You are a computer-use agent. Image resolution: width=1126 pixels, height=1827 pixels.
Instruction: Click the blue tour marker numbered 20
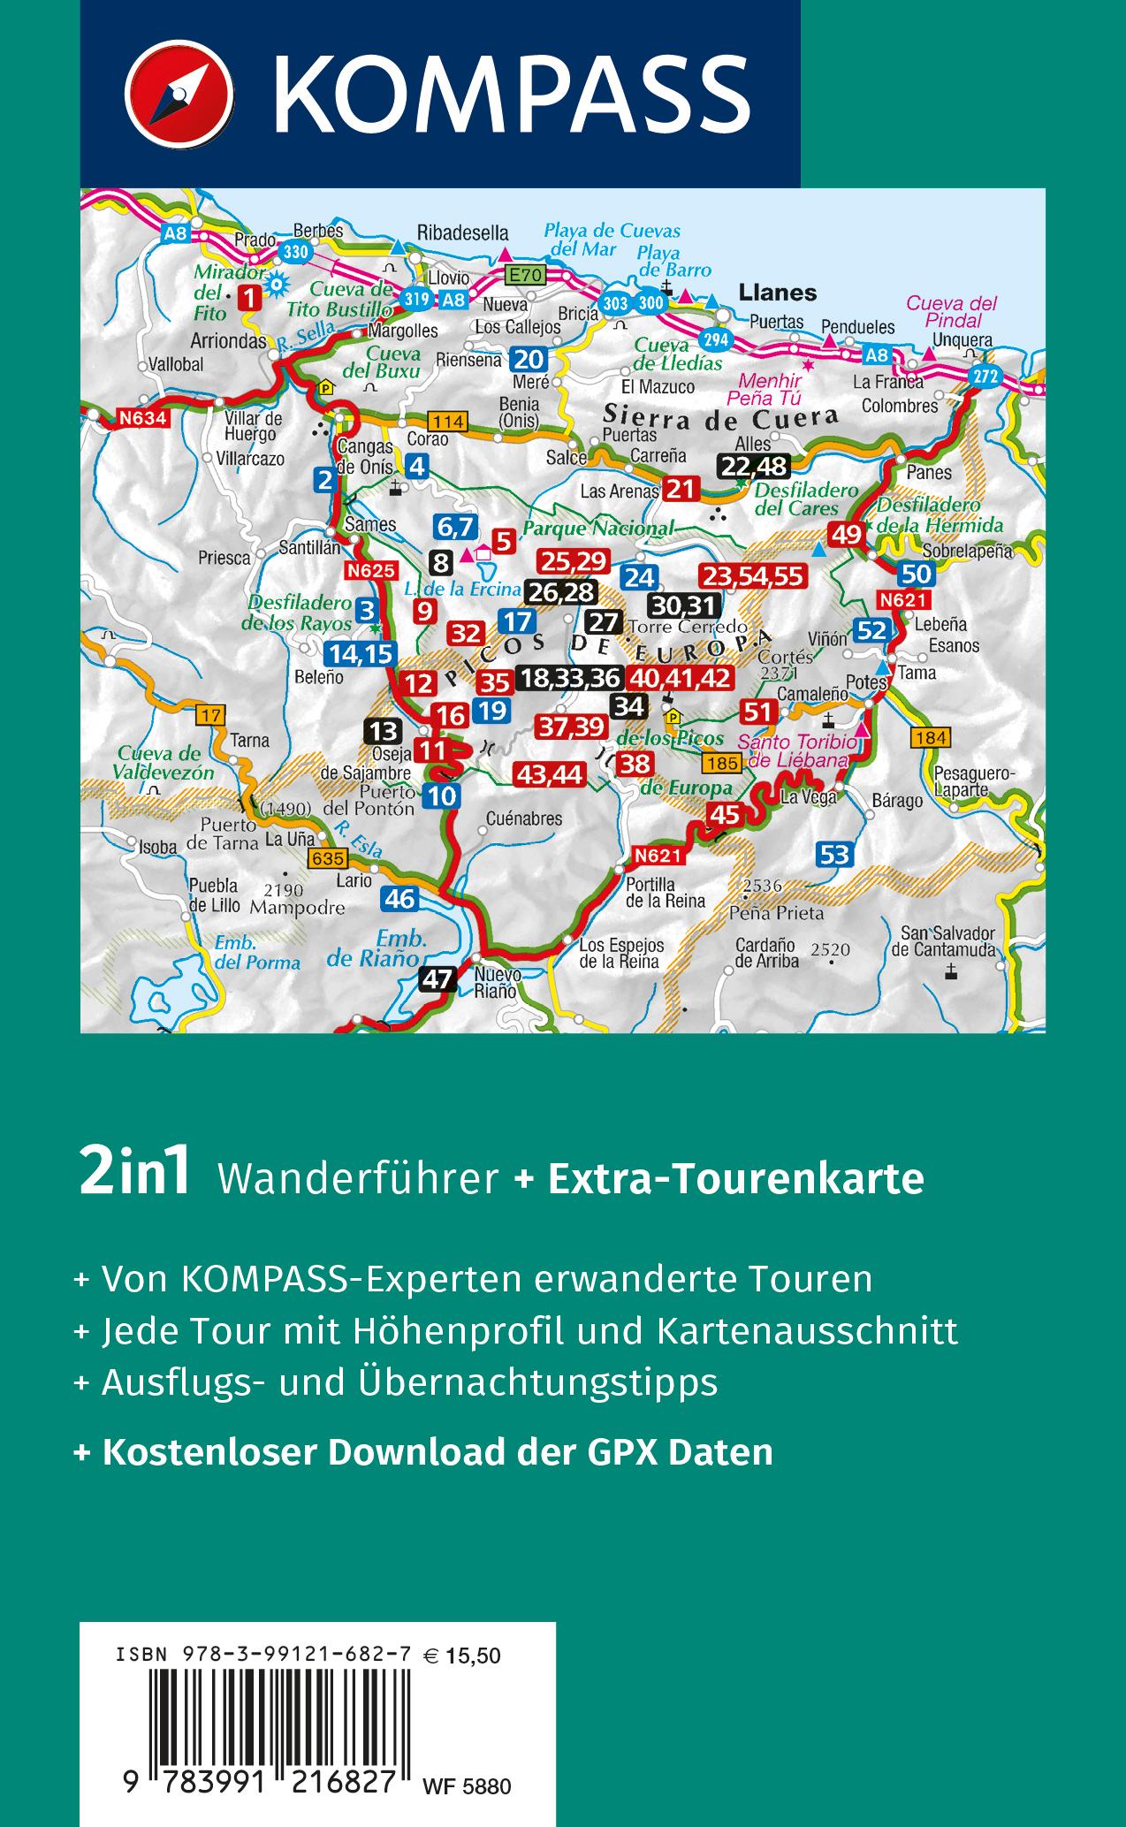529,359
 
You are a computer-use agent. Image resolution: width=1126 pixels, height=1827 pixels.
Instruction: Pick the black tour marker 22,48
753,465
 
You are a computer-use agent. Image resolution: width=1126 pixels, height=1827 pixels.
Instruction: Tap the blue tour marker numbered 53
834,854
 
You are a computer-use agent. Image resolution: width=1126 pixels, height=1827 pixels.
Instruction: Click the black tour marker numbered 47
438,979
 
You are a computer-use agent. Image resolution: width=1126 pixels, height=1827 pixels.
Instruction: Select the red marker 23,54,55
752,577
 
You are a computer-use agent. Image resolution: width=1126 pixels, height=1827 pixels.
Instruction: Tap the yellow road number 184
932,737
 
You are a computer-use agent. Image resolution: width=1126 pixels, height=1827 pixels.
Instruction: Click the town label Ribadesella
463,233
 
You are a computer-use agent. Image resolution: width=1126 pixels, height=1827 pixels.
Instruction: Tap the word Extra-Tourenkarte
735,1178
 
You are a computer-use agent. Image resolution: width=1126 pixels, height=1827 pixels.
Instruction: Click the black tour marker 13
383,731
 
